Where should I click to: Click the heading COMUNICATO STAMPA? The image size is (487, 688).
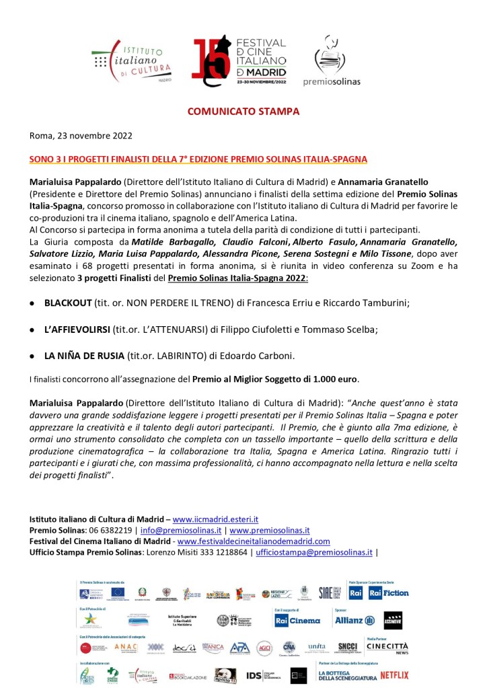(243, 111)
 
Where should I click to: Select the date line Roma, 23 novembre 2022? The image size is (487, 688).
(81, 135)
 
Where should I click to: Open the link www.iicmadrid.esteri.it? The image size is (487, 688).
(215, 520)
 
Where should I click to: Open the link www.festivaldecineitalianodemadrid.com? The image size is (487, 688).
(254, 541)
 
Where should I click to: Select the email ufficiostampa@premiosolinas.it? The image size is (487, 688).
(314, 551)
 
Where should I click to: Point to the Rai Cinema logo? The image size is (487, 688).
(298, 620)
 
